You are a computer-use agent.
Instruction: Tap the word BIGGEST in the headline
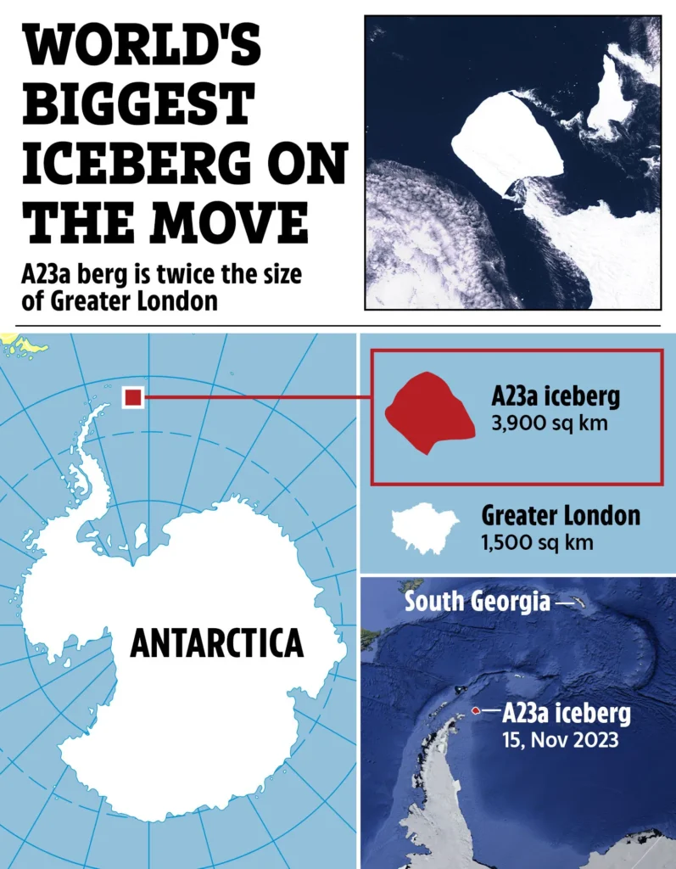coord(139,106)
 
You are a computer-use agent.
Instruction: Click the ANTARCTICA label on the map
coord(216,643)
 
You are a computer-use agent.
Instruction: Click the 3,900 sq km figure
coord(550,422)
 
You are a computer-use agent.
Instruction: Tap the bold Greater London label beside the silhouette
coord(561,515)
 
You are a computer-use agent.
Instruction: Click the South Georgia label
coord(477,602)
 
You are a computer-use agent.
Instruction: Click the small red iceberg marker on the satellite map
coord(476,711)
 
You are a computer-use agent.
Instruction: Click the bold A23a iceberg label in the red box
coord(556,396)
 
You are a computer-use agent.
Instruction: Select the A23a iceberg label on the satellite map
coord(567,713)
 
